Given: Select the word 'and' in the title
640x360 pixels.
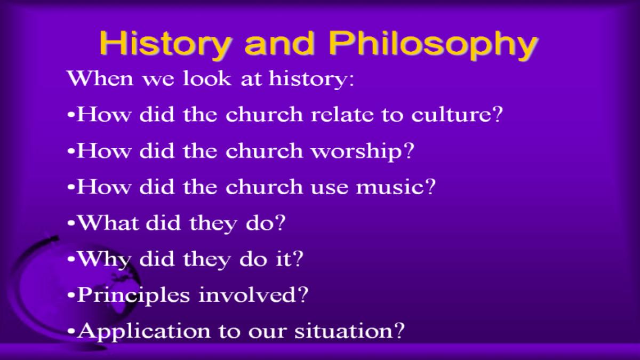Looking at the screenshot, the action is click(x=279, y=43).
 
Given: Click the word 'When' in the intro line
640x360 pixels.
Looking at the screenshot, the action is click(x=100, y=78).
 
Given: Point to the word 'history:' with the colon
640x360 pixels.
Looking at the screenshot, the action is click(x=311, y=79).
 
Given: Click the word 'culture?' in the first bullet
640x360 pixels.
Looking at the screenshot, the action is click(x=457, y=114).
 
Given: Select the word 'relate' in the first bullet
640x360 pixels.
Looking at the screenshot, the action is click(x=342, y=114).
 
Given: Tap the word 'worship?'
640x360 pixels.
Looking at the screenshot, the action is click(x=363, y=151).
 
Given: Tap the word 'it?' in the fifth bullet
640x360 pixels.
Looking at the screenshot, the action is click(x=289, y=259).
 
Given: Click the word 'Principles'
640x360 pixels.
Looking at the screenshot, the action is click(x=133, y=295).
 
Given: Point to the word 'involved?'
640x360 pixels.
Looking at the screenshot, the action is click(x=253, y=294).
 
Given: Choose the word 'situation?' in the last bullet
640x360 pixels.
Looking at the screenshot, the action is click(x=350, y=331).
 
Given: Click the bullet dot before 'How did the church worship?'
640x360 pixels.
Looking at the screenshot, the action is click(x=71, y=151).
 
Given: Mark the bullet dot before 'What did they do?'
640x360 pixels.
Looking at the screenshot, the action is click(x=71, y=223).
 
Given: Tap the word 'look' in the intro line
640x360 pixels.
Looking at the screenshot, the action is click(x=207, y=78).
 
